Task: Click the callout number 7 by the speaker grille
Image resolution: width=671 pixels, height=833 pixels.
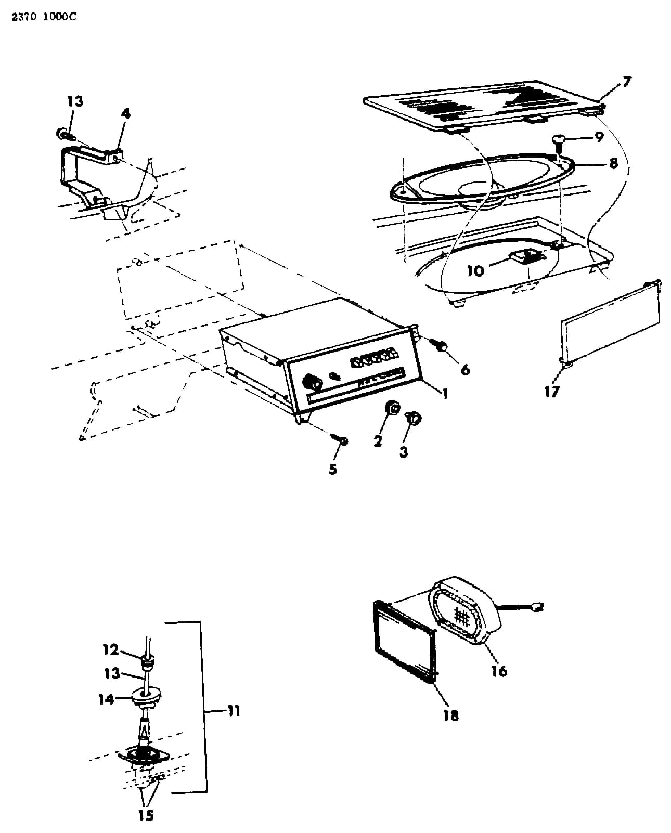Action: tap(626, 82)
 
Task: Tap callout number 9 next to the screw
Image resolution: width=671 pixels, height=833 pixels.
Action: tap(599, 137)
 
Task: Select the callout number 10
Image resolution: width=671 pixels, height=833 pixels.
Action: tap(475, 270)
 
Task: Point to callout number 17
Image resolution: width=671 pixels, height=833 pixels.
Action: tap(552, 392)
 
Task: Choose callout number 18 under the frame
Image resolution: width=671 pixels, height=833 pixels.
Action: tap(451, 715)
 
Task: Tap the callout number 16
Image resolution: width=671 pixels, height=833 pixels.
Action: tap(499, 671)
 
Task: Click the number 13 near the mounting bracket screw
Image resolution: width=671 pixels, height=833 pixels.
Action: tap(75, 101)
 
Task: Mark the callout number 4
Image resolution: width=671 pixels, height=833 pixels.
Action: tap(126, 114)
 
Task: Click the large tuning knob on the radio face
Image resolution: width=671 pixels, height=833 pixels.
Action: tap(312, 382)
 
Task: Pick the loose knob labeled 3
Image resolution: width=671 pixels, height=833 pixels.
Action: tap(414, 418)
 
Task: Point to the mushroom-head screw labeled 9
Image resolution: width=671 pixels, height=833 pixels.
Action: tap(559, 142)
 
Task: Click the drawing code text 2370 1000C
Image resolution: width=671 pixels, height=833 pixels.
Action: tap(44, 17)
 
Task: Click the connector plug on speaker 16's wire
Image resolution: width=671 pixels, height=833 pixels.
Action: tap(538, 607)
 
